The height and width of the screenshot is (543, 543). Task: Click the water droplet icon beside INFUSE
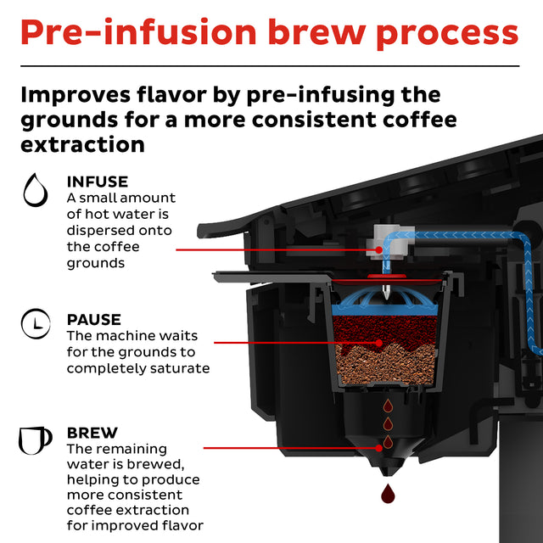tap(35, 191)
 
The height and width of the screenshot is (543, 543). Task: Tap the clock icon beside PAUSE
tap(35, 324)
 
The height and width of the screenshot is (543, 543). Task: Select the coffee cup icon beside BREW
tap(35, 439)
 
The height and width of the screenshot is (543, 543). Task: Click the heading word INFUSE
tap(98, 182)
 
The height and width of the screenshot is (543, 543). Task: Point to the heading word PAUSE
tap(93, 320)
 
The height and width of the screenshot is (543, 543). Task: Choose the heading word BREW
tap(92, 433)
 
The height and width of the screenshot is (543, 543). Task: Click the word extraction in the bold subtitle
tap(82, 144)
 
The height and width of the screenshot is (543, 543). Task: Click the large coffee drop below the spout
tap(388, 493)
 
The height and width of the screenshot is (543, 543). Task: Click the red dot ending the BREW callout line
tap(378, 445)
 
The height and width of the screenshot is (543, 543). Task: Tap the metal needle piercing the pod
tap(387, 290)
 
